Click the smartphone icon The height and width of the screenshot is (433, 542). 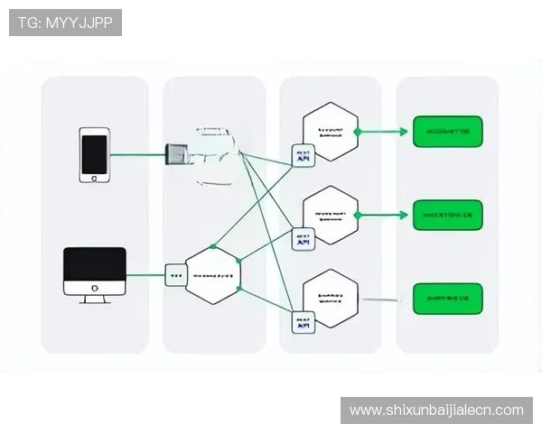[94, 154]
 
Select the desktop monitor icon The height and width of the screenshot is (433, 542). [95, 273]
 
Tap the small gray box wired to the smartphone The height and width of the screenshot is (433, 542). [175, 154]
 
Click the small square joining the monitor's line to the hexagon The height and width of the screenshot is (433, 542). [175, 274]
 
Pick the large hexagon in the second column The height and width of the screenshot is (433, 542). [213, 274]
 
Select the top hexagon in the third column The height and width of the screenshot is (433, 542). [330, 132]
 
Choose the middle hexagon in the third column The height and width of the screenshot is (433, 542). [330, 216]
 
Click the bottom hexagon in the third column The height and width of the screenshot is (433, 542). [330, 298]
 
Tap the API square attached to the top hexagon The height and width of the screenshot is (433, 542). [302, 155]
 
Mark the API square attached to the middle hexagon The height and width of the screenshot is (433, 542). [302, 238]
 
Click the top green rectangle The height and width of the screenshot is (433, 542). [448, 132]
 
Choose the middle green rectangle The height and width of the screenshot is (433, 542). [448, 216]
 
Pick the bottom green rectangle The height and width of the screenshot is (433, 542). [448, 299]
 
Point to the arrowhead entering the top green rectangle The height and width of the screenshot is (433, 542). [404, 132]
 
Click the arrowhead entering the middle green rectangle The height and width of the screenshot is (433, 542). [404, 216]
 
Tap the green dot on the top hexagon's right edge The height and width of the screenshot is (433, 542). [358, 132]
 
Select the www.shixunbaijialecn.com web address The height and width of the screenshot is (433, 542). [436, 410]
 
